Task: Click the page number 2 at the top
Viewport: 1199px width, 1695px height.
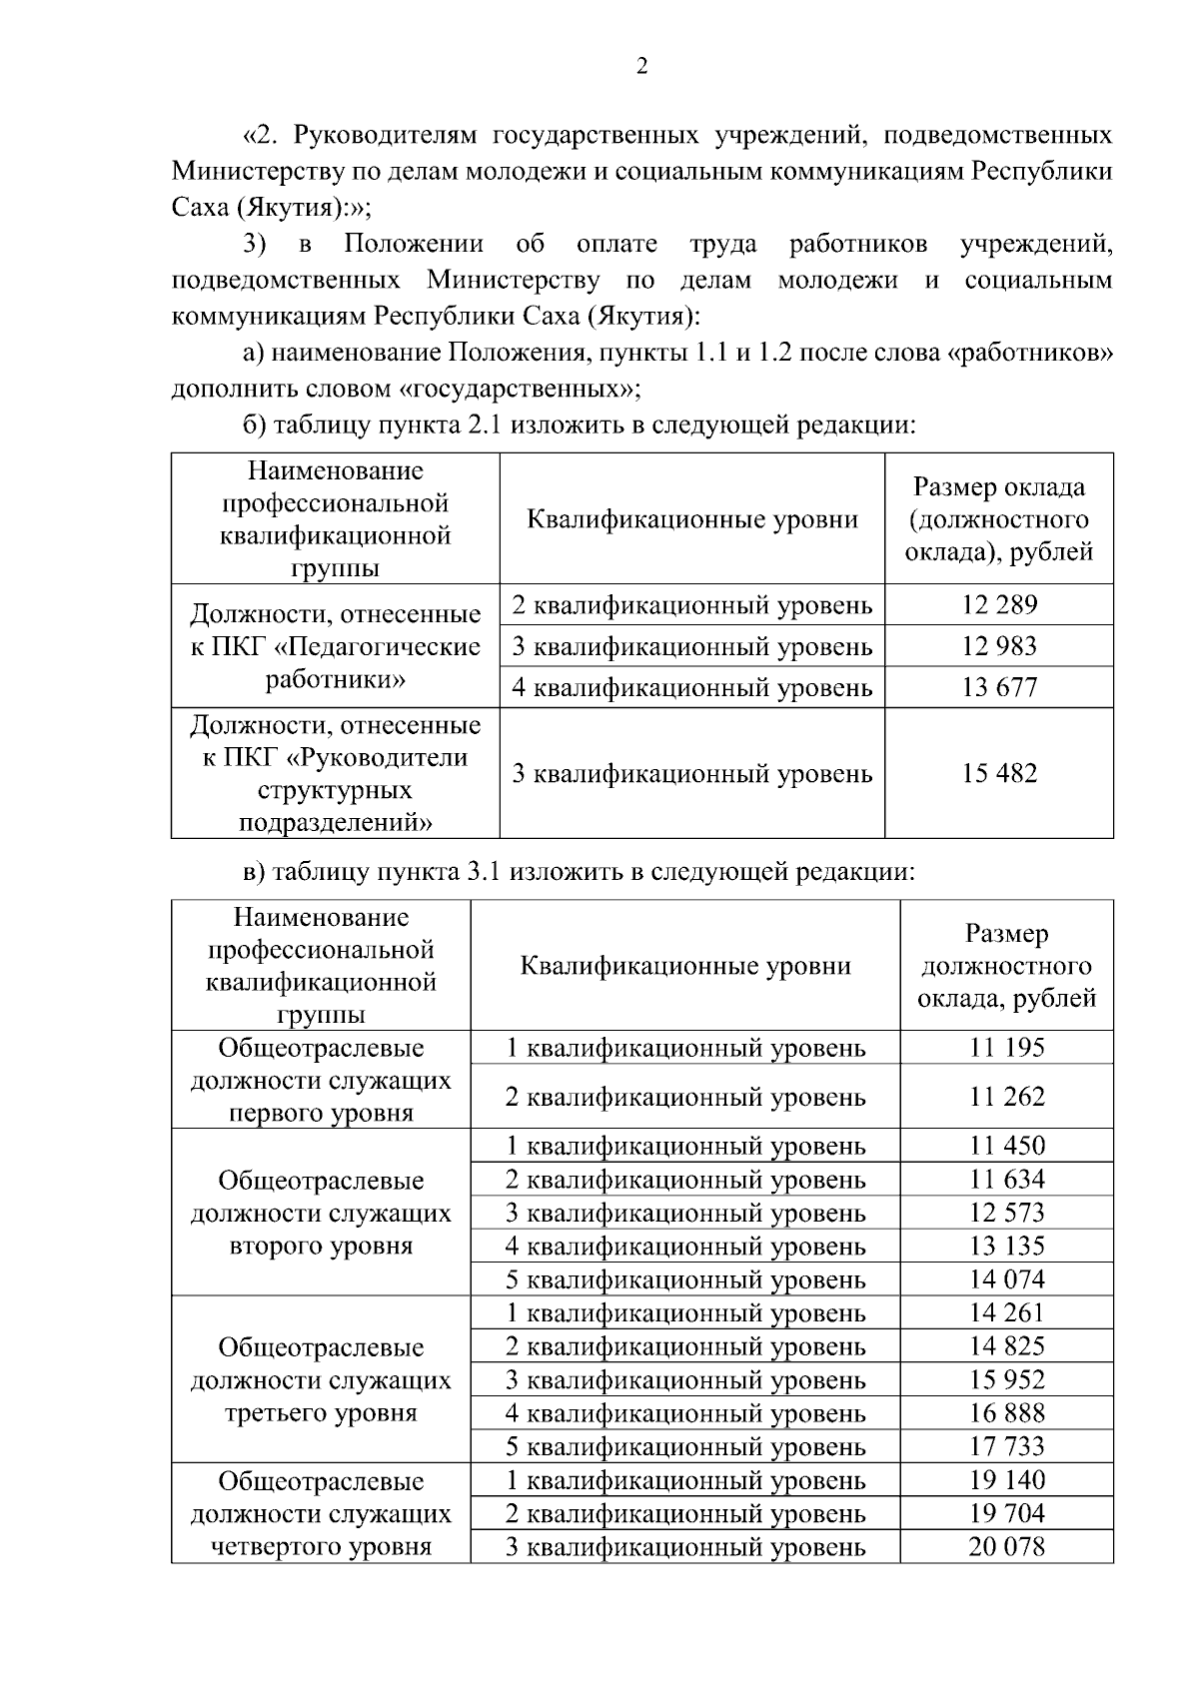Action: [x=640, y=66]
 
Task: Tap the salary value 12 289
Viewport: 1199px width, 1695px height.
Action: [x=999, y=604]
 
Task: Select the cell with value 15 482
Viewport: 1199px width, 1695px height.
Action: [x=999, y=773]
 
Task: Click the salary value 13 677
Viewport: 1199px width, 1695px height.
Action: [x=999, y=687]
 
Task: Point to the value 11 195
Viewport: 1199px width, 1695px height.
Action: [x=1006, y=1047]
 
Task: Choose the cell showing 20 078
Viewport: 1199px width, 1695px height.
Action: [x=1006, y=1547]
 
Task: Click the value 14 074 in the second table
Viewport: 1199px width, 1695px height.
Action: [x=1006, y=1279]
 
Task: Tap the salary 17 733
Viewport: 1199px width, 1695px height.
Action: [x=1006, y=1446]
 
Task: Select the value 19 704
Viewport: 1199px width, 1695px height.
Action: [x=1006, y=1513]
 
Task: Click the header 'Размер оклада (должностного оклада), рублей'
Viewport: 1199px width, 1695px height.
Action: [x=999, y=519]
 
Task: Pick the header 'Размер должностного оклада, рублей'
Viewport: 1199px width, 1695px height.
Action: [x=1006, y=966]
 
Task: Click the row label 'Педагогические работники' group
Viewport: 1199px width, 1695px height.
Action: [x=335, y=646]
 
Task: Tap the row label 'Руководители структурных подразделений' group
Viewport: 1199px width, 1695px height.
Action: [x=335, y=773]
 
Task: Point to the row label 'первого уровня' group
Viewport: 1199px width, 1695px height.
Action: [x=321, y=1081]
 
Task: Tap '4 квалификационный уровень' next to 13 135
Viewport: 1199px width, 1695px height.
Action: [x=685, y=1247]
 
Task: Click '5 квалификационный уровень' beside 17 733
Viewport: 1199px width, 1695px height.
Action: [x=685, y=1446]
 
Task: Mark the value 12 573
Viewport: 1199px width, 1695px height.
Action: [x=1006, y=1213]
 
